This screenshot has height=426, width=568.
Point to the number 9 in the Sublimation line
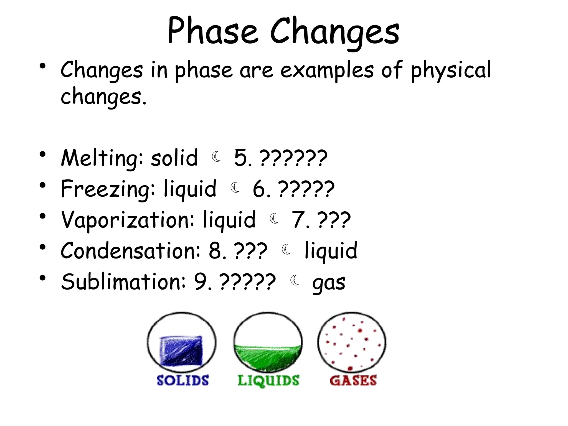click(x=200, y=282)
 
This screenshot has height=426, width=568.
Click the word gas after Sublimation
click(x=329, y=283)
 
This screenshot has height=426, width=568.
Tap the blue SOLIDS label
click(x=182, y=380)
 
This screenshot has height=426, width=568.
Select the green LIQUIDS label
click(x=268, y=380)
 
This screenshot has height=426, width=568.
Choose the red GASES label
click(x=353, y=380)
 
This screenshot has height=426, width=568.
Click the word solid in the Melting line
click(x=174, y=158)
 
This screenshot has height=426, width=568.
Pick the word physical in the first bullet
click(x=451, y=70)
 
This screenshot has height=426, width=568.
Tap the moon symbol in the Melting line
click(x=216, y=157)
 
